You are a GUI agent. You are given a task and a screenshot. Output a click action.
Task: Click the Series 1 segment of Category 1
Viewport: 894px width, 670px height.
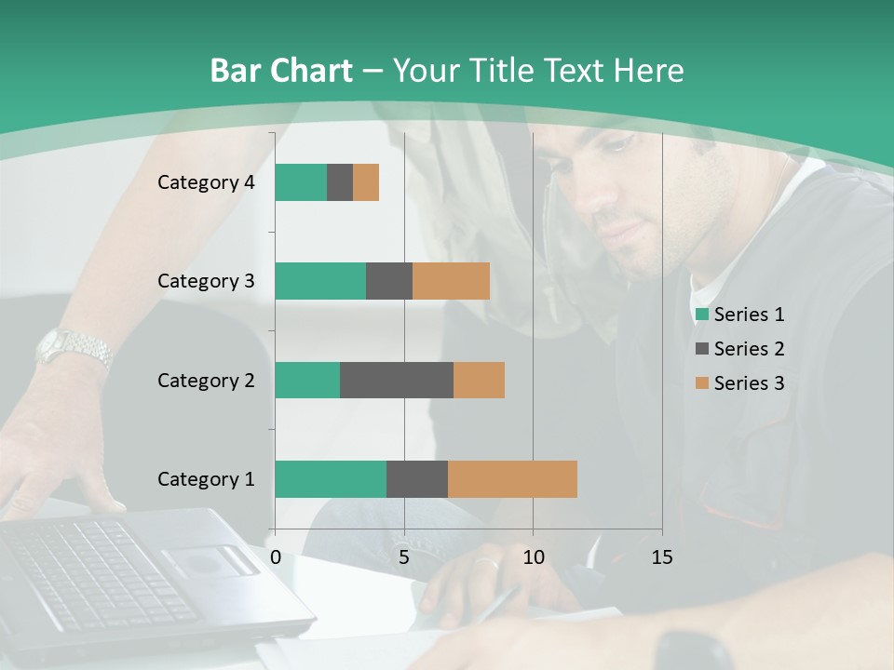[330, 479]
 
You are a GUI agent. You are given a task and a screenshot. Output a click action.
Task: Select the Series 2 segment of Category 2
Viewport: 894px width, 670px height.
[396, 380]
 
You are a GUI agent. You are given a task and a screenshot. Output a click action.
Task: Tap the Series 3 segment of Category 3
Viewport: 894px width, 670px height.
[451, 281]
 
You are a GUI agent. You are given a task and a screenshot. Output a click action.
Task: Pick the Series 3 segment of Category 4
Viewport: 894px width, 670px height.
[366, 182]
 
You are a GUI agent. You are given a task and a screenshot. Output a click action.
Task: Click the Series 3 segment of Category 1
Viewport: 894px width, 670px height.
[512, 479]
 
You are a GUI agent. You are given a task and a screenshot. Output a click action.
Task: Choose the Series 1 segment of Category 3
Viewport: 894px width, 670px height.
[319, 281]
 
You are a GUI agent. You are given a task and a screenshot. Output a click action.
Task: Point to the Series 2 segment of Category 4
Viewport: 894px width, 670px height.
[340, 182]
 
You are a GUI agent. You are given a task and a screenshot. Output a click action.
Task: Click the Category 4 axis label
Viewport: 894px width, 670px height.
[206, 182]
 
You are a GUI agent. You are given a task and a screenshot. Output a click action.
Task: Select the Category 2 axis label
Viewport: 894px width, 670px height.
[206, 380]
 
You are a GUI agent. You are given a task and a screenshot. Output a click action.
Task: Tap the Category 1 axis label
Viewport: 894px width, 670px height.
[206, 479]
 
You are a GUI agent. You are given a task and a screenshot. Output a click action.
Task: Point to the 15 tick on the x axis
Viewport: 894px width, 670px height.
[661, 557]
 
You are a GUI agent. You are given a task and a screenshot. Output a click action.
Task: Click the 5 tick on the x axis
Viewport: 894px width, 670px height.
[404, 557]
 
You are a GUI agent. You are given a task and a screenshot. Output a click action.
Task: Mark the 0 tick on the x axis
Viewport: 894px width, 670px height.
[275, 557]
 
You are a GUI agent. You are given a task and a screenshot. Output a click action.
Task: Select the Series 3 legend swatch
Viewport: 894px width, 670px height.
[701, 383]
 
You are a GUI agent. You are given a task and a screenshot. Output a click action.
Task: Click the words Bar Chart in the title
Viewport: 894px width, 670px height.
[280, 71]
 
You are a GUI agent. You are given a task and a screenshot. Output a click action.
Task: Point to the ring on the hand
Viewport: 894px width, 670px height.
[487, 562]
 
